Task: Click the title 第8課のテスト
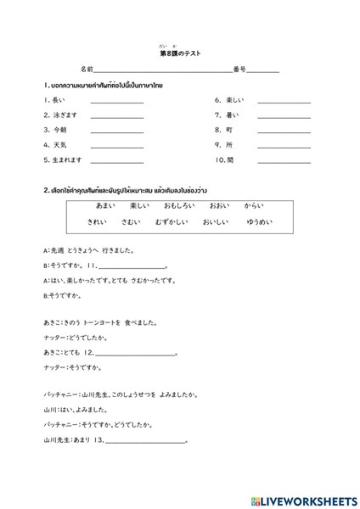pos(179,53)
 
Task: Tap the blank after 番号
pos(262,71)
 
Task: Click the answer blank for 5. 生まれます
pos(117,161)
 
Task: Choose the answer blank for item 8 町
pos(284,131)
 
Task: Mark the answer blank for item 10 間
pos(284,161)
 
